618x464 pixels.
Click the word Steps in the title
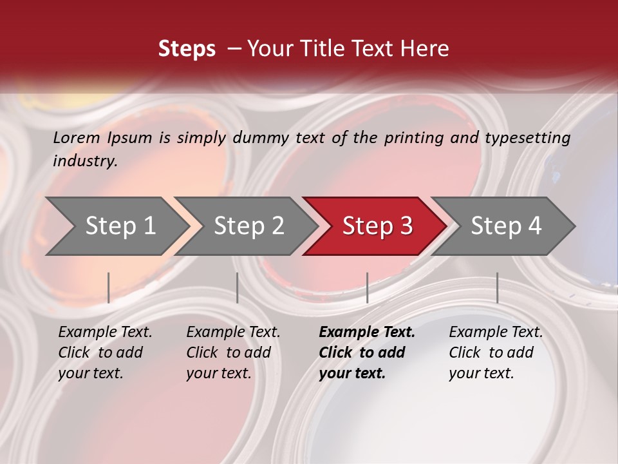pos(187,49)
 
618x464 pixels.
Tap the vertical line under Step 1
pos(109,287)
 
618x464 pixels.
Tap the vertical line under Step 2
pos(238,287)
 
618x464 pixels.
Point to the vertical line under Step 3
pos(367,287)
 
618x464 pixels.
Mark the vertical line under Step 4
pos(497,287)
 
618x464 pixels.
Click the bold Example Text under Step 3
pos(367,333)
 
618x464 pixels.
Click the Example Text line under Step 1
pos(105,333)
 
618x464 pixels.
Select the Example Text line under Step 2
pos(233,333)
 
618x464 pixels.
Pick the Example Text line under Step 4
pos(496,333)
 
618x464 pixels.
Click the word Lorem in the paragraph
pos(77,137)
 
